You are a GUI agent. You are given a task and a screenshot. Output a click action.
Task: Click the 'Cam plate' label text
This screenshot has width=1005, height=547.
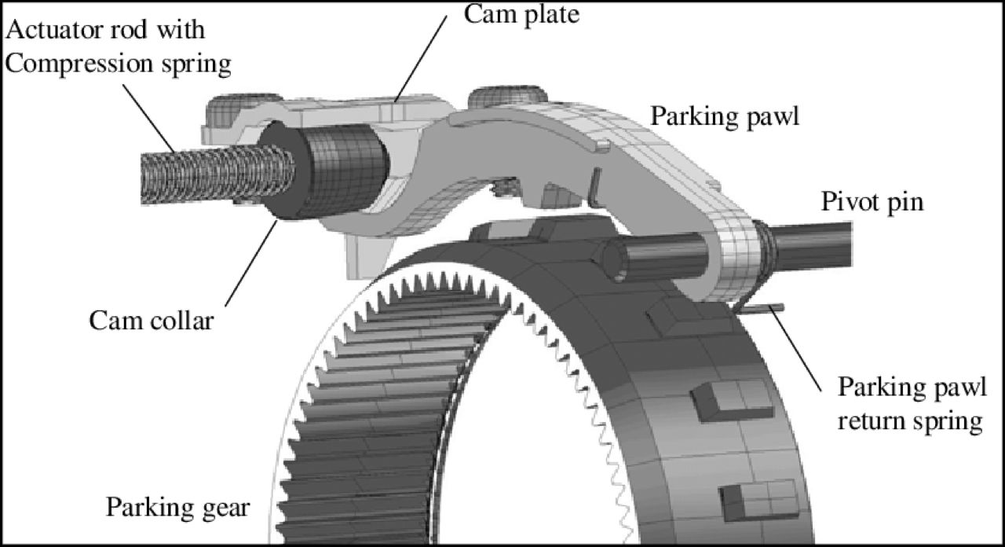(521, 13)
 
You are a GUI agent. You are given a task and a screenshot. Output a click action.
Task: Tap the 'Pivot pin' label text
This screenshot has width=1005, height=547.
(872, 202)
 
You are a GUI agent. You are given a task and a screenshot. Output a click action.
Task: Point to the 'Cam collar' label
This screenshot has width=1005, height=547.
(150, 320)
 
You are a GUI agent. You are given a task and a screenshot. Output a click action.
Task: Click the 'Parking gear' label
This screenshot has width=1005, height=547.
(177, 506)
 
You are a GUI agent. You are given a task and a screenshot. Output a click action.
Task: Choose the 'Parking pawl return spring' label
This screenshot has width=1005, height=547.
(910, 404)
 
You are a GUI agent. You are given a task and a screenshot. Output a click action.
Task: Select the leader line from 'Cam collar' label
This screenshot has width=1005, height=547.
(250, 262)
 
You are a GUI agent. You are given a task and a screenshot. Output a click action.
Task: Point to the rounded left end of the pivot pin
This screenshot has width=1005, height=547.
(615, 259)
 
